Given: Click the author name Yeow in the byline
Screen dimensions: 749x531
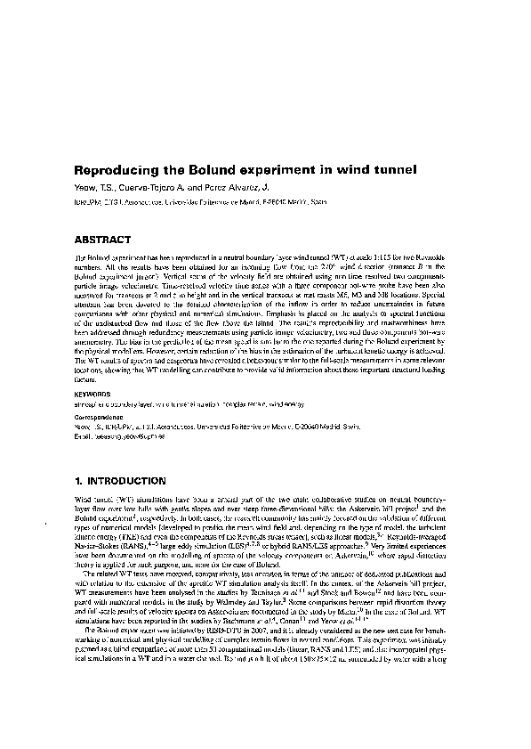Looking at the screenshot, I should [84, 187].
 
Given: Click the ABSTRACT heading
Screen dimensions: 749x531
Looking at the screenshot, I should [103, 240].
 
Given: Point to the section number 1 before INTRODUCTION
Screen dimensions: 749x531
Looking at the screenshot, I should [77, 481].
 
